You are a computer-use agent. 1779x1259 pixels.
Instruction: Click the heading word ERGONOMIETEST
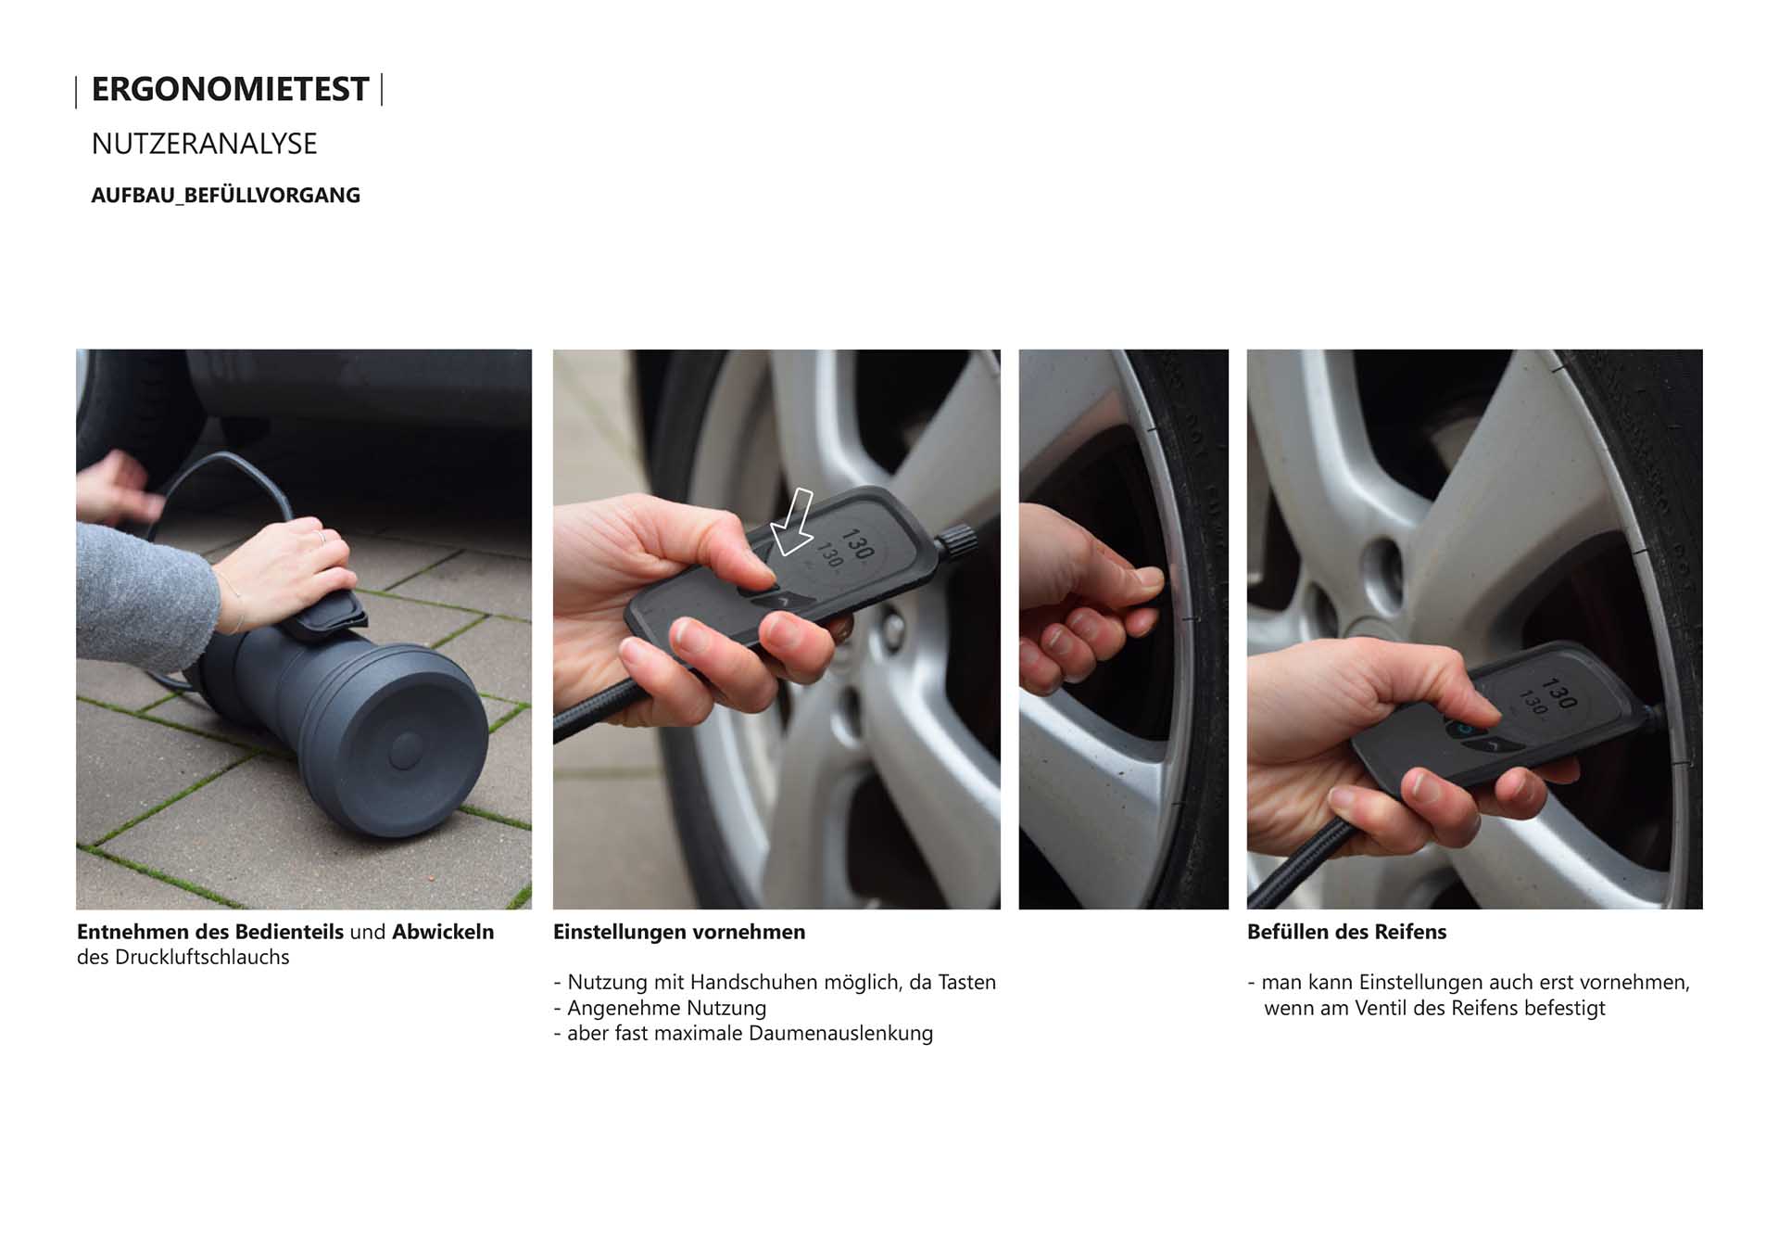pos(230,89)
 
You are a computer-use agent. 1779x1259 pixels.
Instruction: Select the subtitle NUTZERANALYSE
pos(204,144)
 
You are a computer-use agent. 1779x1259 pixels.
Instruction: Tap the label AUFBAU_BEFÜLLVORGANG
pos(225,196)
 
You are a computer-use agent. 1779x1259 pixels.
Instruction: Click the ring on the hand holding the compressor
pos(322,537)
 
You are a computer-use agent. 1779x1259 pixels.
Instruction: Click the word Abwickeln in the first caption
pos(443,932)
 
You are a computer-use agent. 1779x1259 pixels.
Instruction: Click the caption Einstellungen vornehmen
pos(679,932)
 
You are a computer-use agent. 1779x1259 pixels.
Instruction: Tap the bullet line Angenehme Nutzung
pos(660,1008)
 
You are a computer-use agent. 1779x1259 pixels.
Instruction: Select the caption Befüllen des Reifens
pos(1346,932)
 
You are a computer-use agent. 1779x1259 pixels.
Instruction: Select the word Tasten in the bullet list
pos(967,982)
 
